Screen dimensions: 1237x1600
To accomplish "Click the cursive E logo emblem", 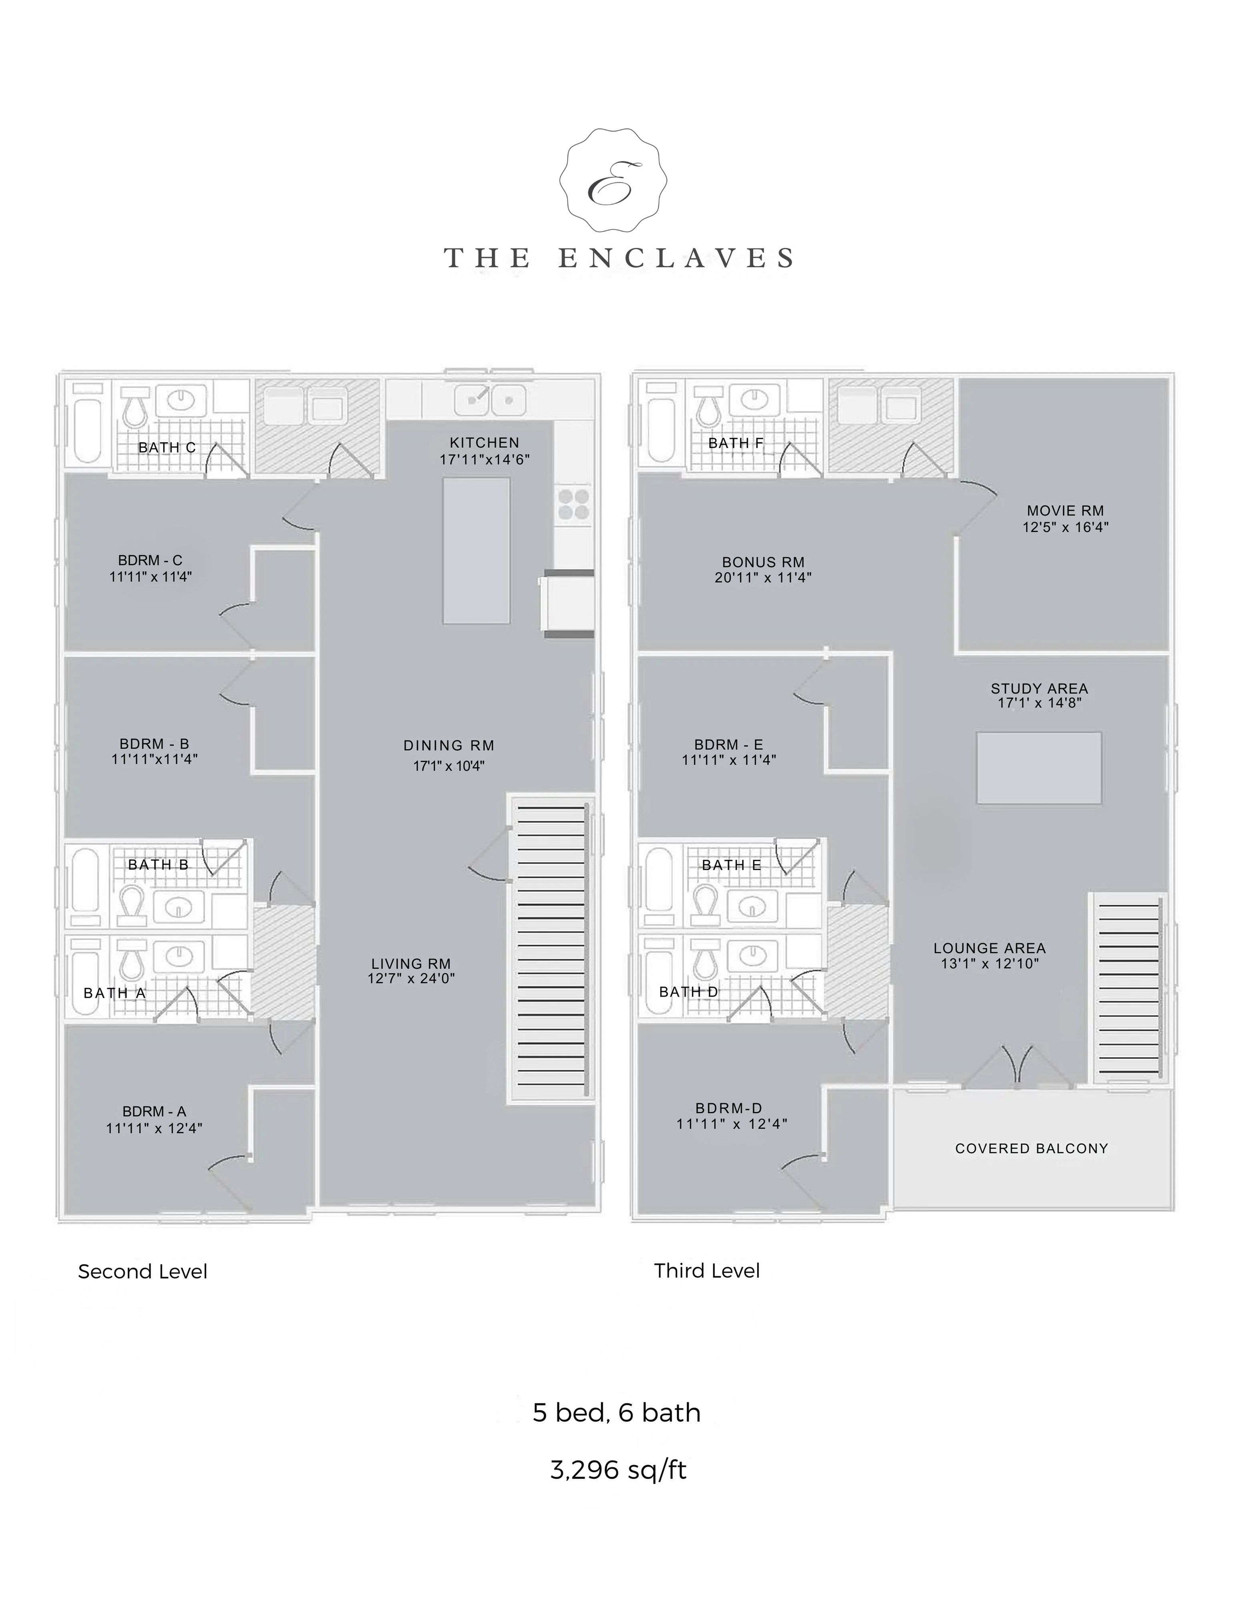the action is click(613, 181).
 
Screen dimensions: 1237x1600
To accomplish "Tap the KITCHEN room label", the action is click(484, 442).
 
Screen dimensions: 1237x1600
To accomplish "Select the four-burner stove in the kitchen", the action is click(574, 504).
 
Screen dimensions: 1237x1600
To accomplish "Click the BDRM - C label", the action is click(150, 560).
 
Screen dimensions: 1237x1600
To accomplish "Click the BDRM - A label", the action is click(154, 1111).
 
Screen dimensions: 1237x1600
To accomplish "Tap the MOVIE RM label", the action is click(1066, 511).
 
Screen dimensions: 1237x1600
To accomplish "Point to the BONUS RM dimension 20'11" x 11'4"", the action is click(763, 577).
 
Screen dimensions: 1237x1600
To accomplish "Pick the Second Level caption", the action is click(142, 1271).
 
